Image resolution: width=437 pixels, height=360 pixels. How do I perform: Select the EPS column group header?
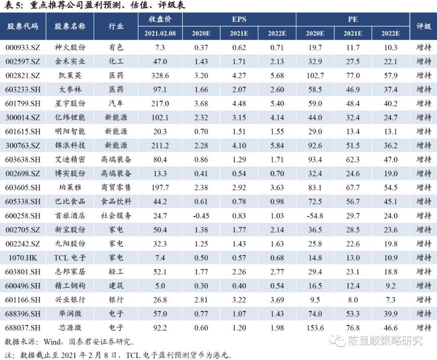coord(239,19)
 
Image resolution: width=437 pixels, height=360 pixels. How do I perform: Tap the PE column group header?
coord(353,19)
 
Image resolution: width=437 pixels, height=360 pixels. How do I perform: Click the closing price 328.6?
coord(160,75)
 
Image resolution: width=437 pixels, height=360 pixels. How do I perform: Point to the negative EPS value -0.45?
coord(201,216)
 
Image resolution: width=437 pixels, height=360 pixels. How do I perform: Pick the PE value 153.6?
coord(315,328)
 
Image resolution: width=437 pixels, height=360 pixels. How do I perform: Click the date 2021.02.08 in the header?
coord(160,33)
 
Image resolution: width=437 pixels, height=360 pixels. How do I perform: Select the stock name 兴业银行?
coord(70,300)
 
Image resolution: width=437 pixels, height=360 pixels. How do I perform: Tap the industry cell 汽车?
coord(116,103)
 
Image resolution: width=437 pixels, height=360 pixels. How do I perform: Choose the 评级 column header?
coord(423,26)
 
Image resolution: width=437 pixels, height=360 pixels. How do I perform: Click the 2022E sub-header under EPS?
coord(277,33)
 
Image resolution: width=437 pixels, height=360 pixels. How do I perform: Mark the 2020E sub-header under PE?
coord(315,33)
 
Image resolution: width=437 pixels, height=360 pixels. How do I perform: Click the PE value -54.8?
coord(315,216)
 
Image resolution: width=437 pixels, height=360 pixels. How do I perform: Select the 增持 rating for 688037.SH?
coord(423,328)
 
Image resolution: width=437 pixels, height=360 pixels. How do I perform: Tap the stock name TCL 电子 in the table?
coord(70,257)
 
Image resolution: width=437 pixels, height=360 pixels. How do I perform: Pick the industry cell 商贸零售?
coord(116,187)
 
